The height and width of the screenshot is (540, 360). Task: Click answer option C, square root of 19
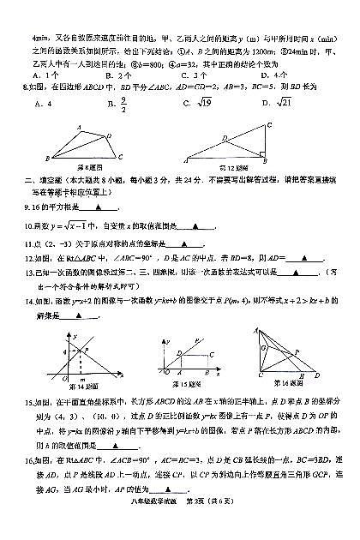[x=201, y=104]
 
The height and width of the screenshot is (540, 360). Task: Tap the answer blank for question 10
[x=198, y=226]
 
